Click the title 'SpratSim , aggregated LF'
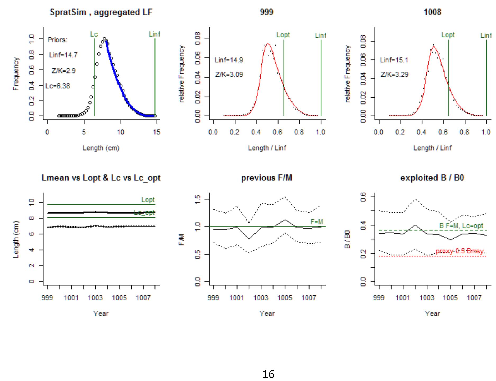101,12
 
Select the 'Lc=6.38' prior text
58,86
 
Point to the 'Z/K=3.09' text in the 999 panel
229,75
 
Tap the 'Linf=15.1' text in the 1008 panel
394,60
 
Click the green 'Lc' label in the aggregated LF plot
94,34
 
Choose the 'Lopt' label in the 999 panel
283,35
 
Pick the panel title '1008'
432,12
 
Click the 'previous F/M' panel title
267,178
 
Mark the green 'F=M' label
317,222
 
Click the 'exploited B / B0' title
432,178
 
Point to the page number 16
268,374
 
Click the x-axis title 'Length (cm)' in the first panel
101,148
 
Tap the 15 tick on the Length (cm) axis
157,132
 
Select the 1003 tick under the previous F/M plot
261,298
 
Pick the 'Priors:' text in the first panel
57,40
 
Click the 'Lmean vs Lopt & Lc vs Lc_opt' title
101,178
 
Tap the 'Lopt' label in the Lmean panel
148,200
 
